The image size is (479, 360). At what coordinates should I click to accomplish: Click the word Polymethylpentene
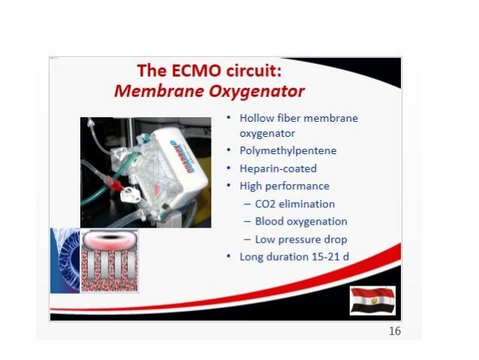click(288, 150)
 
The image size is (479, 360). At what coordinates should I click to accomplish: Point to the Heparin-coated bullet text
click(278, 168)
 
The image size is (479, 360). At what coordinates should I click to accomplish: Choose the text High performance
click(284, 186)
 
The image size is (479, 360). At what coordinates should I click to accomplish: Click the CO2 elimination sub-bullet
click(294, 204)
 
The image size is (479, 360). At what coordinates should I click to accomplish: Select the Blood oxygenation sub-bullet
click(300, 222)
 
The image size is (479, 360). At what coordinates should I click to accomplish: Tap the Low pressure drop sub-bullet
click(300, 240)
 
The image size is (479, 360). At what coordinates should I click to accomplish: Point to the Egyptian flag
click(372, 300)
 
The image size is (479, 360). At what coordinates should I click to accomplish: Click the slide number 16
click(394, 332)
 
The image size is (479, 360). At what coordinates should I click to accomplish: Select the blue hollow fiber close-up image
click(65, 260)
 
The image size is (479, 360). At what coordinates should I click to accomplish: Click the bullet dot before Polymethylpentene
click(229, 150)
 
